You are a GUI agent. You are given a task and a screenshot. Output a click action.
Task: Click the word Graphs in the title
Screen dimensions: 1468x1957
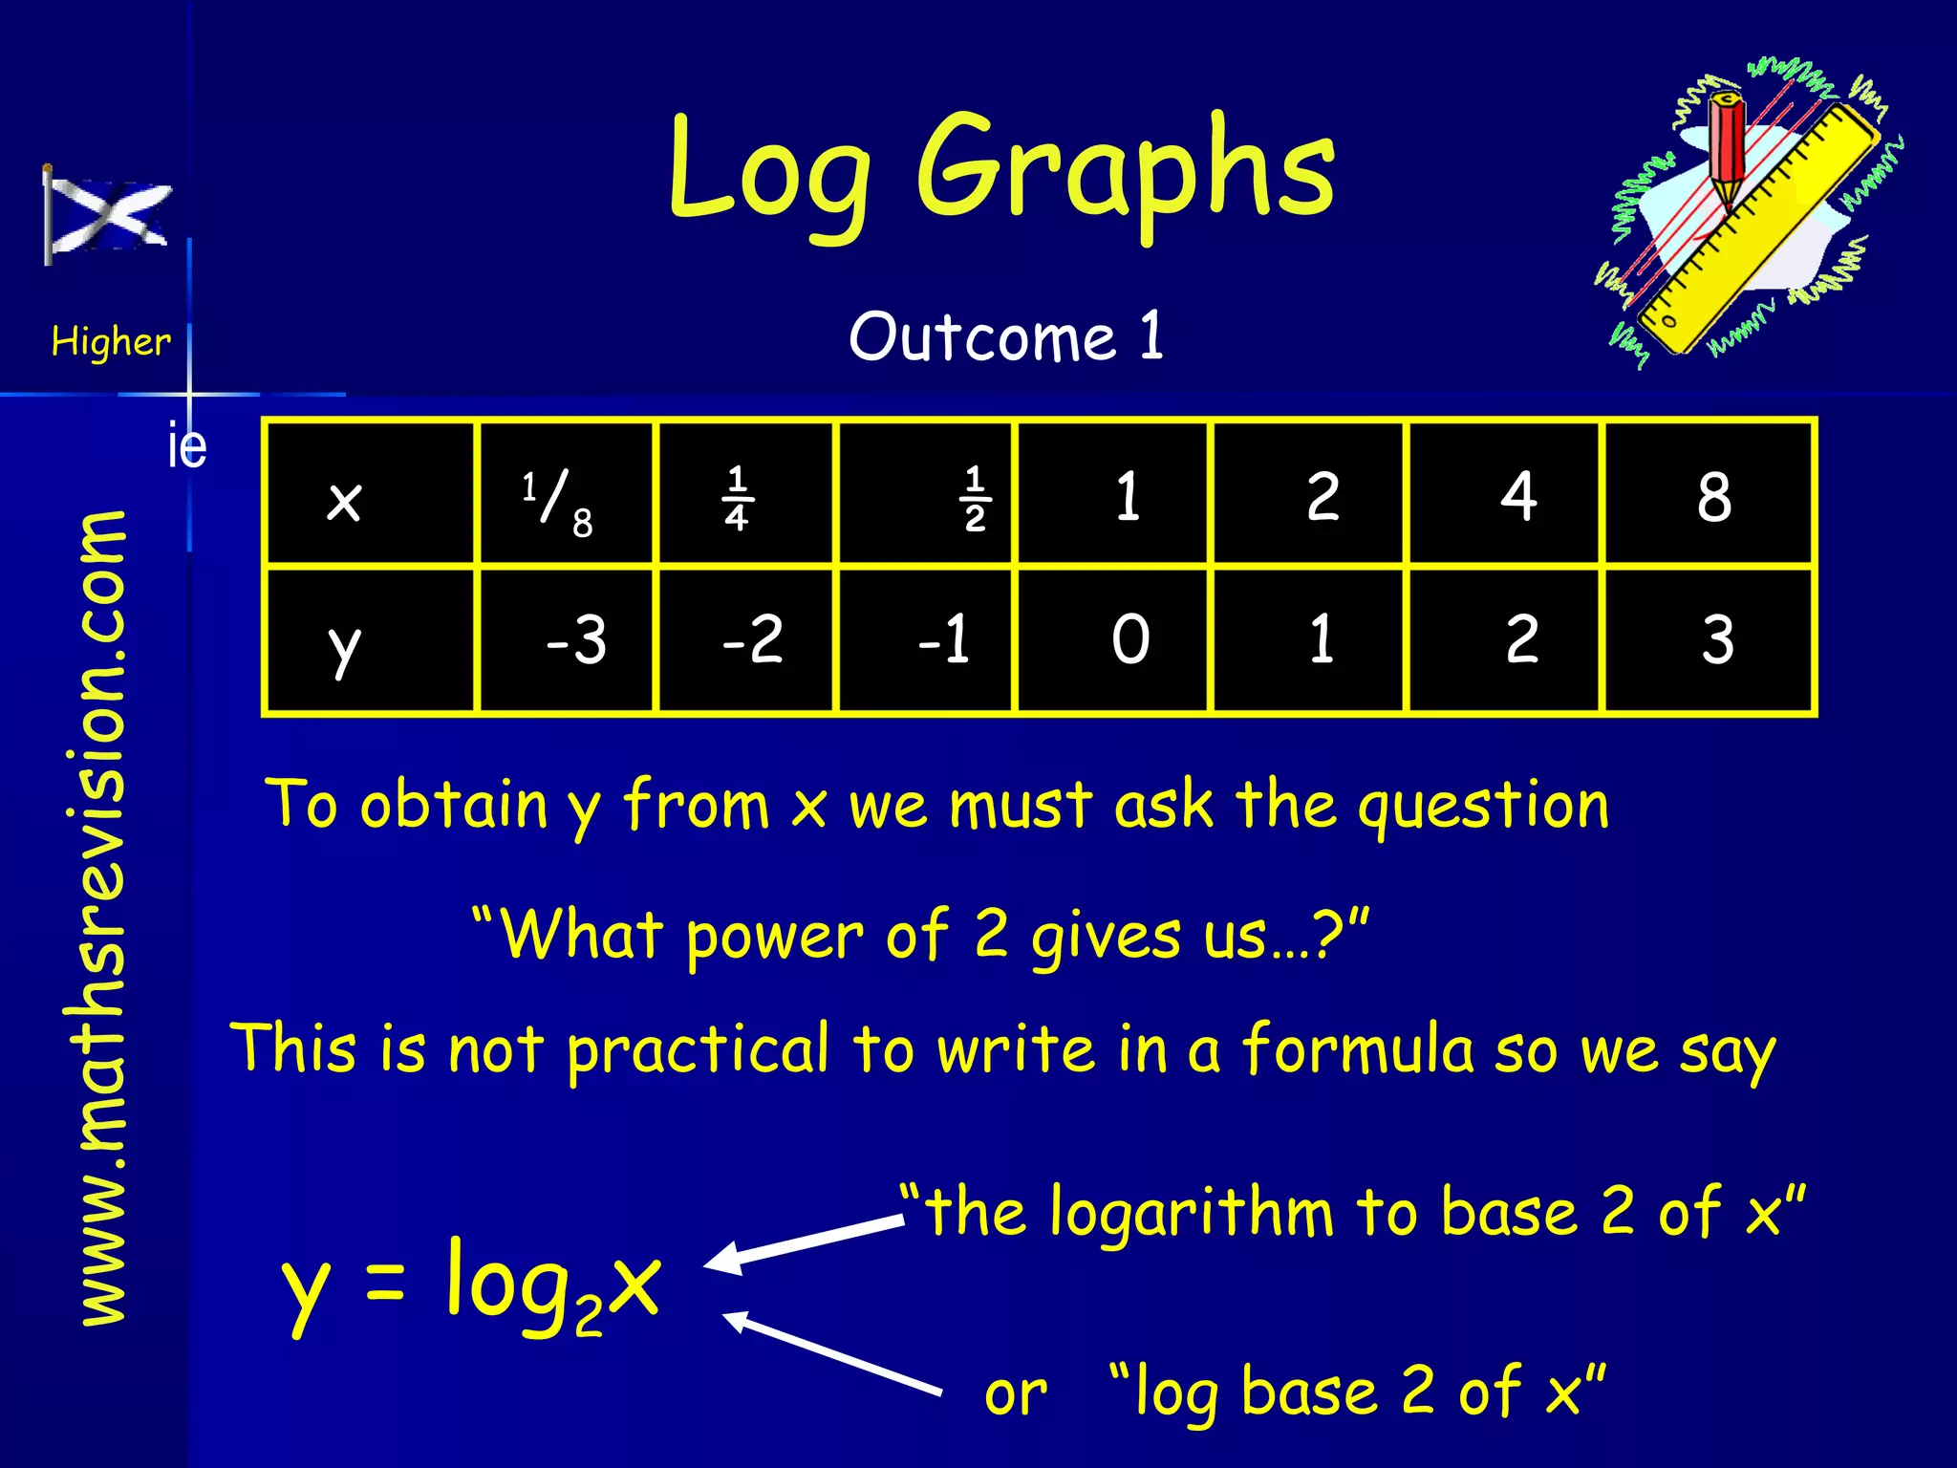tap(1125, 172)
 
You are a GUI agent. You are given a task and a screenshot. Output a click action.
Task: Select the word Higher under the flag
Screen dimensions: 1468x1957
tap(111, 341)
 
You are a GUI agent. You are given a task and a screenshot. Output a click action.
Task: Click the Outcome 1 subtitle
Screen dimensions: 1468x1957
tap(1006, 336)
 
